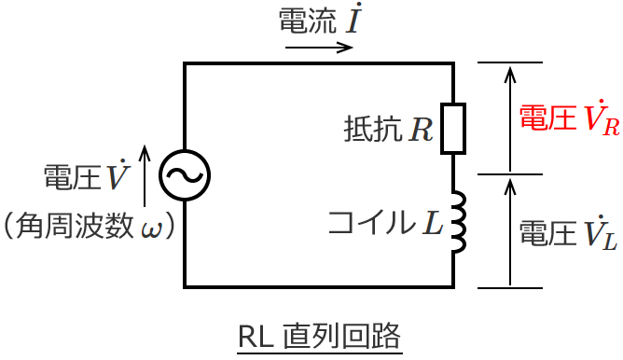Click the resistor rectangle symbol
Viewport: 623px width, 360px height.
pyautogui.click(x=453, y=128)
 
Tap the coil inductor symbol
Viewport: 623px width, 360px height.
pyautogui.click(x=456, y=224)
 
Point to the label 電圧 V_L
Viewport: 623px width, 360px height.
pyautogui.click(x=567, y=232)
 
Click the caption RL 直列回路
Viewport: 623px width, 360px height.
pyautogui.click(x=319, y=335)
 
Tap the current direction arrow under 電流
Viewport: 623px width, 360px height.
pyautogui.click(x=319, y=47)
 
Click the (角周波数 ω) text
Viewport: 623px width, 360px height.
pyautogui.click(x=90, y=226)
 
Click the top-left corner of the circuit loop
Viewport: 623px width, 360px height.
pyautogui.click(x=186, y=63)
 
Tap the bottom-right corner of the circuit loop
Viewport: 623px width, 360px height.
pyautogui.click(x=453, y=285)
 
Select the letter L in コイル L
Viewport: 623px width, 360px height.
pyautogui.click(x=431, y=223)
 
